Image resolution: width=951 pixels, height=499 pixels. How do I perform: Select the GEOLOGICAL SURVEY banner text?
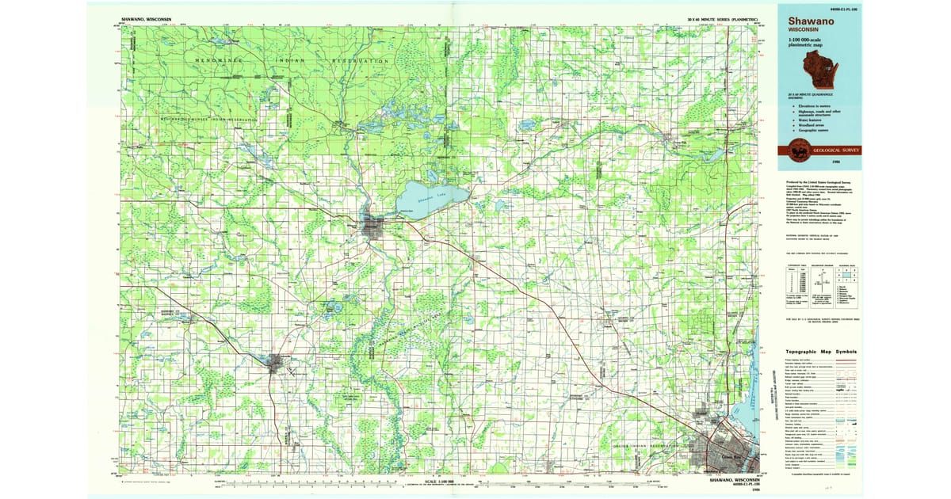tap(831, 150)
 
